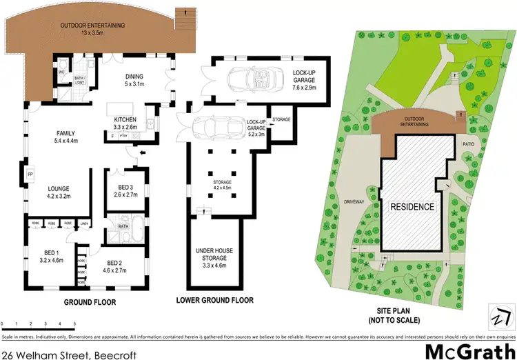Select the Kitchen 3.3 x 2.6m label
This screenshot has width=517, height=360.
(130, 123)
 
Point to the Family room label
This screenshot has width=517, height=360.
(66, 137)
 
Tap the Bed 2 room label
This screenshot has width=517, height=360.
(116, 266)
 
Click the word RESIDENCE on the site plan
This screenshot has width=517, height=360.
(413, 206)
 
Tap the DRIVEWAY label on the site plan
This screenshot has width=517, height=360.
(356, 202)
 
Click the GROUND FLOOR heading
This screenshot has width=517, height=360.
(90, 302)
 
